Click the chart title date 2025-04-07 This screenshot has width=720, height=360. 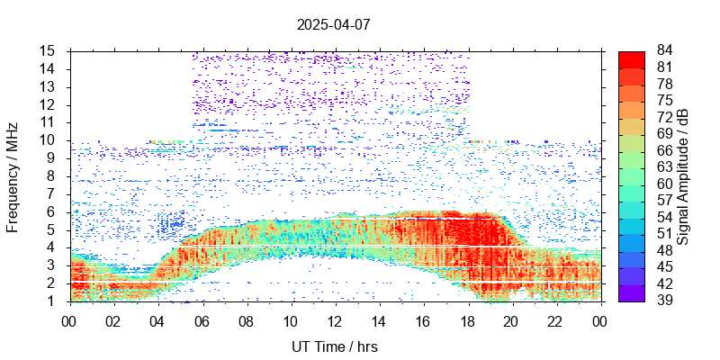[333, 24]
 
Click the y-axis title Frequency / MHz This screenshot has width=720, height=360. [13, 176]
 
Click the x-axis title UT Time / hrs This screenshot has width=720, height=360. [335, 346]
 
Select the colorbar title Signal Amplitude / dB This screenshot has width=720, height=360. [683, 176]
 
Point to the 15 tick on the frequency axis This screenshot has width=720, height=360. [48, 51]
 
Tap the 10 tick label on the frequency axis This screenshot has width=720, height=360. [48, 140]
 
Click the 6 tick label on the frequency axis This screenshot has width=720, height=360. [51, 211]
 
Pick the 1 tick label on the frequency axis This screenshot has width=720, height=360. [51, 301]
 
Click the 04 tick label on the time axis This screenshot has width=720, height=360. [157, 319]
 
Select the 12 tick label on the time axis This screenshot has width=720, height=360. [335, 319]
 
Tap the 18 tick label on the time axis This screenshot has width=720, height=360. [467, 319]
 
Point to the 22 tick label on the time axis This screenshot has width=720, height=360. [555, 319]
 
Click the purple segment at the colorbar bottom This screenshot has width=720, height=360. [632, 292]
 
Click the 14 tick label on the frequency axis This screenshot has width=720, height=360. [48, 69]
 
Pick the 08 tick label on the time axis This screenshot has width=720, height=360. [246, 319]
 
